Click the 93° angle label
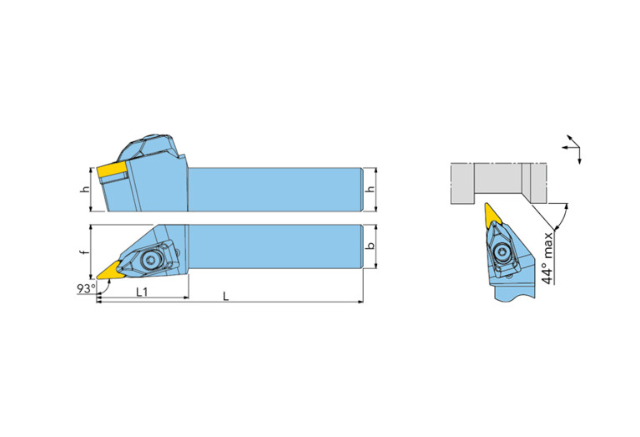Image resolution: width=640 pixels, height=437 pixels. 86,288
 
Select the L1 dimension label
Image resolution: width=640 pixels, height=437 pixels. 142,292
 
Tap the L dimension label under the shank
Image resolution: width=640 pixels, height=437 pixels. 226,297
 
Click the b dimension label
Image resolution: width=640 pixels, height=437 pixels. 370,246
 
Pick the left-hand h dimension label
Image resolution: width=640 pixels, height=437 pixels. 85,190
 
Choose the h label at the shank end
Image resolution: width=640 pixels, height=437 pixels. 370,190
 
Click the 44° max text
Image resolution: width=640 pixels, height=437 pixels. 547,258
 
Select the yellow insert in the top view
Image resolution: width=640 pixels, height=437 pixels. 110,271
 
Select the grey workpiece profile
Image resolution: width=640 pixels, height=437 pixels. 498,183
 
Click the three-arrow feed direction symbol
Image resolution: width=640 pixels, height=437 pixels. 572,149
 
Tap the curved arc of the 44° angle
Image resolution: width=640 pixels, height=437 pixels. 563,215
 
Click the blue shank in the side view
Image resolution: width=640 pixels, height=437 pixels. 275,190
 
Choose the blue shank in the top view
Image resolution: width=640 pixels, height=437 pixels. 275,246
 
